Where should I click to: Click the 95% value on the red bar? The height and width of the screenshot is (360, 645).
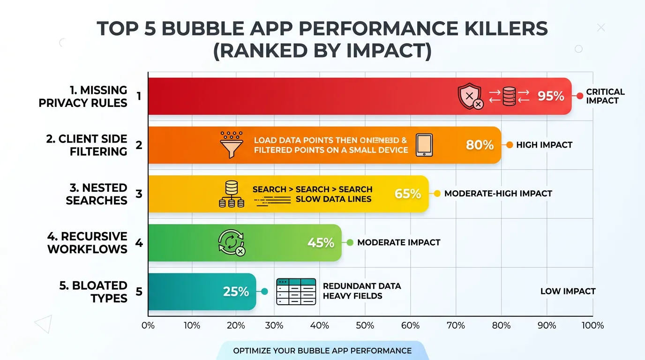point(551,96)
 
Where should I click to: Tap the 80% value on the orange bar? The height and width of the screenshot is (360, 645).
point(480,145)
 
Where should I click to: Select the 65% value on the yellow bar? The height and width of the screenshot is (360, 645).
point(408,194)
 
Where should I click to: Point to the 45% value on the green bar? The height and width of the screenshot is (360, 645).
point(321,243)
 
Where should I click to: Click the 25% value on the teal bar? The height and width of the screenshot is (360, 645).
point(236,292)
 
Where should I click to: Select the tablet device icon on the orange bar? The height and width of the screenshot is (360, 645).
point(424,145)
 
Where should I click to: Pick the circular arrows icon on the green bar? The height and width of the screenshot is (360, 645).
point(231,243)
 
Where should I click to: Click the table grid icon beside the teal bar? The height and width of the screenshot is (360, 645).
point(296,292)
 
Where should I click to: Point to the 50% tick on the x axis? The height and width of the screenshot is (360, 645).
point(365,325)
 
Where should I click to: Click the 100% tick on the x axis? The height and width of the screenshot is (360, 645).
point(592,325)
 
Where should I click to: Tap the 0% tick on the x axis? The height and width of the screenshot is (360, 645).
point(148,325)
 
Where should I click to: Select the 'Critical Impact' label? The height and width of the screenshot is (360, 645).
point(605,96)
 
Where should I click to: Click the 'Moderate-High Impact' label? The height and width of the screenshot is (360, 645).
point(498,194)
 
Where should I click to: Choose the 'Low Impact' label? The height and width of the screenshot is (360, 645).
point(568,292)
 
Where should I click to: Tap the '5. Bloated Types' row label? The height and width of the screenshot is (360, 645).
point(93,292)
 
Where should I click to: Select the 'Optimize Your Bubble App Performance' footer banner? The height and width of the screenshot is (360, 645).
point(322,351)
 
